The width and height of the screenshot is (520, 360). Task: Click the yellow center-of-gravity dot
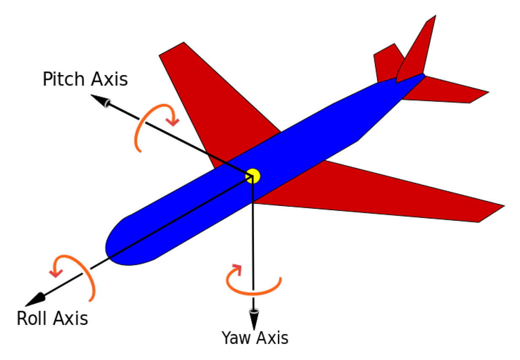coord(253,176)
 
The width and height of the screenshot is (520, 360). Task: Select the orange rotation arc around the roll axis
coord(88,275)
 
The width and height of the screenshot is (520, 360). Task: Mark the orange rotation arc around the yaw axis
coord(253,291)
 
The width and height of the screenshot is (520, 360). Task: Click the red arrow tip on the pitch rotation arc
coord(172,122)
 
